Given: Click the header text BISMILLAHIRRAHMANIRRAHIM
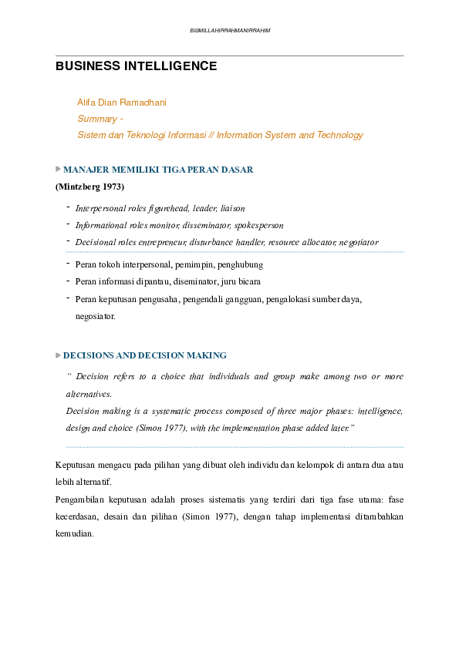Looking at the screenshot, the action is click(230, 30).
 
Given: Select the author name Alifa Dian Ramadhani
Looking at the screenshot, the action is click(122, 102).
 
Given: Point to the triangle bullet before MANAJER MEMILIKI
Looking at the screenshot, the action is click(59, 169).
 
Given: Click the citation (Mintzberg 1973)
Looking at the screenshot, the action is click(89, 187).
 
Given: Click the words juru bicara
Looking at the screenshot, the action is click(242, 281).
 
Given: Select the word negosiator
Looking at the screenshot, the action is click(95, 316).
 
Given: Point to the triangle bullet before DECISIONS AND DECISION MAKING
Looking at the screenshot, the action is click(59, 355).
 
